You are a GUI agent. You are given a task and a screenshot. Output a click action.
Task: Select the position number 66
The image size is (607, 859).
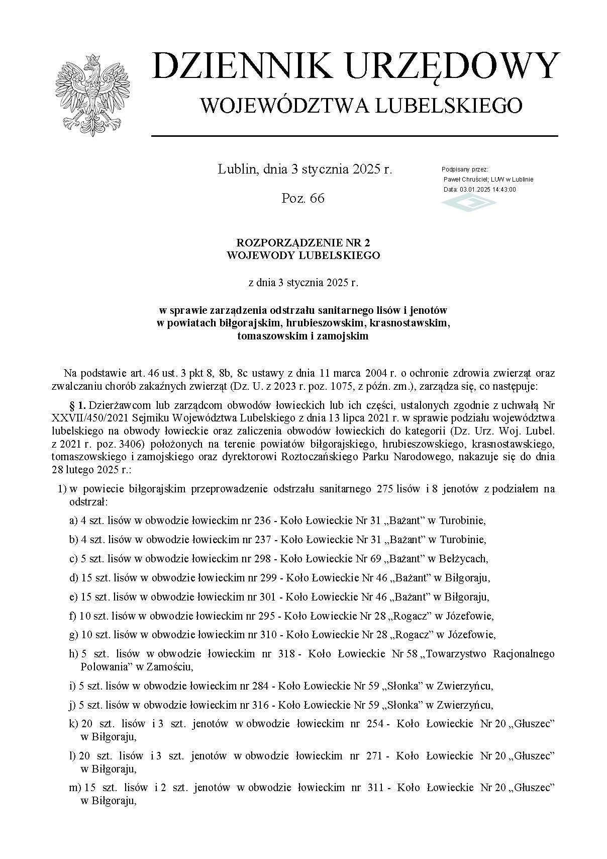[317, 198]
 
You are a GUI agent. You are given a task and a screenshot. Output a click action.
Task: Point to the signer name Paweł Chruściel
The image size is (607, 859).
[467, 180]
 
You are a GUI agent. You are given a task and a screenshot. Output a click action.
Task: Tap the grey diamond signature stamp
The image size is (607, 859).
[468, 203]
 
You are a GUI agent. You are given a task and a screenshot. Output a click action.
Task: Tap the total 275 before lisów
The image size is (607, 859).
[384, 489]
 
